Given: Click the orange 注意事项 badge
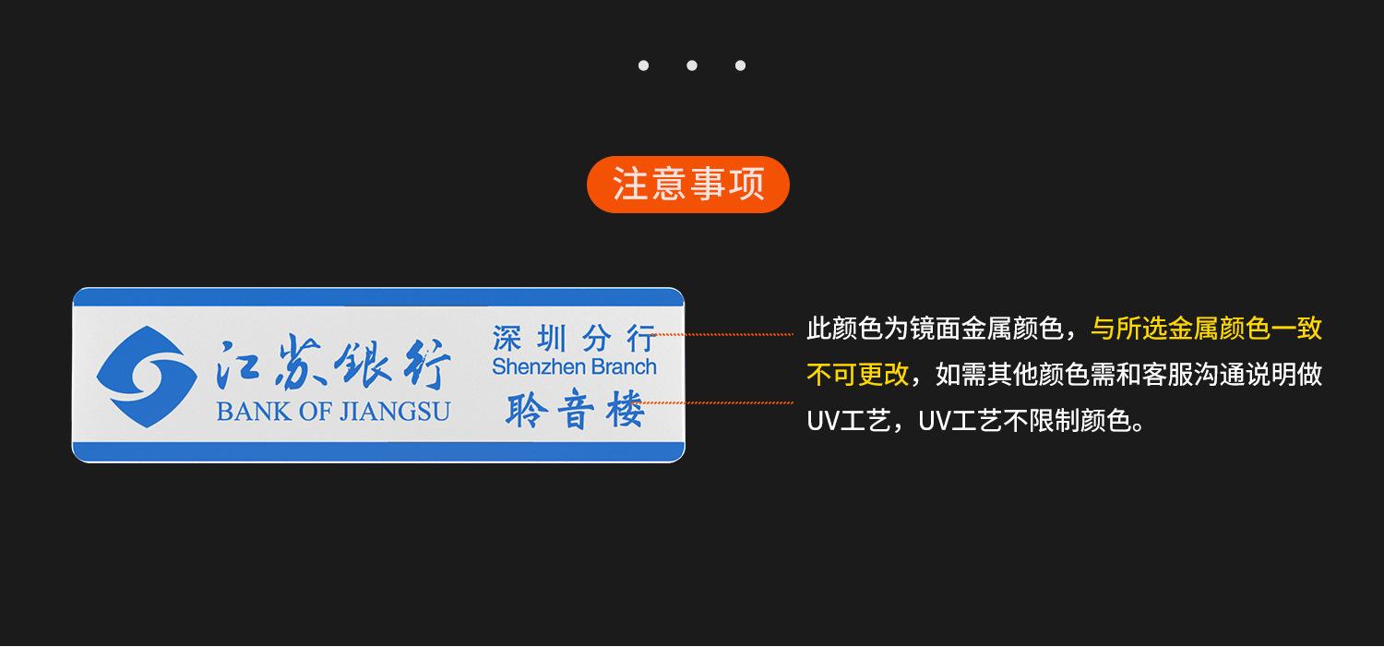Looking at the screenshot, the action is [x=687, y=185].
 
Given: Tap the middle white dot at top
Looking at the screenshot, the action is [x=692, y=66].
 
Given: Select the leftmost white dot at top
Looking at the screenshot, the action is [x=643, y=66].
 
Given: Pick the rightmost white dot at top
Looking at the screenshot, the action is [x=740, y=66].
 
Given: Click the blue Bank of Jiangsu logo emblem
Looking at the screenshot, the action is [x=147, y=377].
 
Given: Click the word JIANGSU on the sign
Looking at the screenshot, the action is [x=396, y=412].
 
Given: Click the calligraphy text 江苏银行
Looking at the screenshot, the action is [x=333, y=365].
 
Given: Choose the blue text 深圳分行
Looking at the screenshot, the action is [x=574, y=338].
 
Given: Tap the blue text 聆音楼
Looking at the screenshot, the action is [x=575, y=409].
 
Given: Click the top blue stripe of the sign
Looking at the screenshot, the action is [x=378, y=297].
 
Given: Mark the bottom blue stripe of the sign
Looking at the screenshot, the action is [x=378, y=451].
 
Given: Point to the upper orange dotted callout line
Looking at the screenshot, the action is [x=722, y=334].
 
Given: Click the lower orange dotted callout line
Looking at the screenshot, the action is [x=714, y=403].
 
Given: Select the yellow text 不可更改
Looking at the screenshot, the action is [x=857, y=375].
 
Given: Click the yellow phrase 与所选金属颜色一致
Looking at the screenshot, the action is [x=1206, y=329].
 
